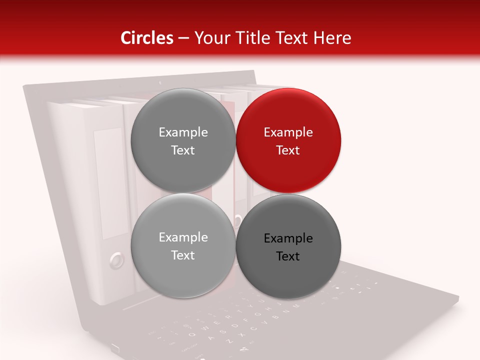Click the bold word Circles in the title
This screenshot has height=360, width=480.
(147, 38)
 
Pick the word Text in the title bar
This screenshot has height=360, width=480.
(293, 38)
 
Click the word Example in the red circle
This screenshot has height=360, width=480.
(288, 132)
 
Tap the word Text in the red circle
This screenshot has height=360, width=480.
(288, 150)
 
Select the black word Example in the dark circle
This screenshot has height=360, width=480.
(288, 238)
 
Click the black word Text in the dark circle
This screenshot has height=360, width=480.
(288, 256)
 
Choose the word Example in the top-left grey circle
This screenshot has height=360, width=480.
(183, 132)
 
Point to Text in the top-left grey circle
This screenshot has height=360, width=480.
(183, 150)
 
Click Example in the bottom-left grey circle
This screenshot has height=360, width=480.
(183, 237)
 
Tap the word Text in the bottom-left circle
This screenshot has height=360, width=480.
(183, 255)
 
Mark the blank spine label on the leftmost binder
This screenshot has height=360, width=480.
(108, 182)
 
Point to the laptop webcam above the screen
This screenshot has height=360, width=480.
(160, 82)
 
